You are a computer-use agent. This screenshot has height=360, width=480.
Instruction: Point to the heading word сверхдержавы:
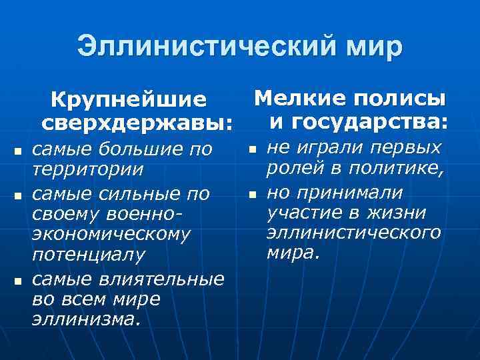click(137, 123)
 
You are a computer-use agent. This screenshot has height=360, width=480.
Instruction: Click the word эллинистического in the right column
click(353, 233)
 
